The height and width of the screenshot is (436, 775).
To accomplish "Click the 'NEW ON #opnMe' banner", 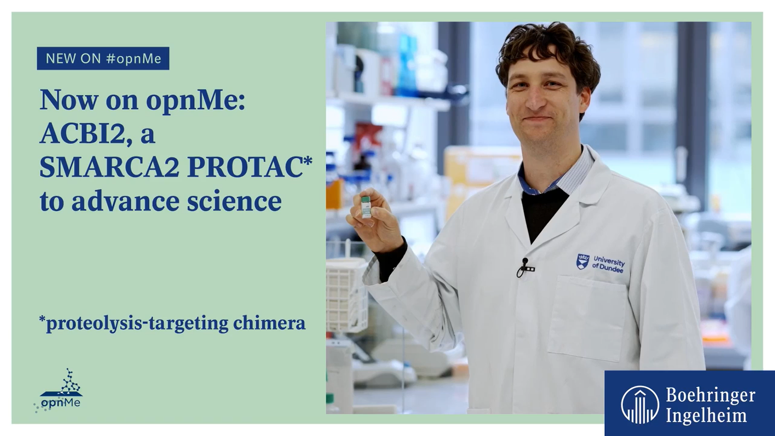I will [x=103, y=59].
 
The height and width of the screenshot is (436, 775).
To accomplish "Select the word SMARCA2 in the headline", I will [x=109, y=167].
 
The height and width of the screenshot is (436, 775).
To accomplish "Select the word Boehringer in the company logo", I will [x=710, y=395].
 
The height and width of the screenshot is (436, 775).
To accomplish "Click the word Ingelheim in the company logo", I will [x=706, y=415].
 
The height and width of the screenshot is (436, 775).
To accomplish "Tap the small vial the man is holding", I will [x=366, y=207].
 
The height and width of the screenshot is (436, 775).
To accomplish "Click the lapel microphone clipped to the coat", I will [x=525, y=266].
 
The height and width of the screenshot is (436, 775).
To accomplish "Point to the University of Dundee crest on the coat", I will [x=582, y=262].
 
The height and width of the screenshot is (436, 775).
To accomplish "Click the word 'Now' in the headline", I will [x=69, y=100].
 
